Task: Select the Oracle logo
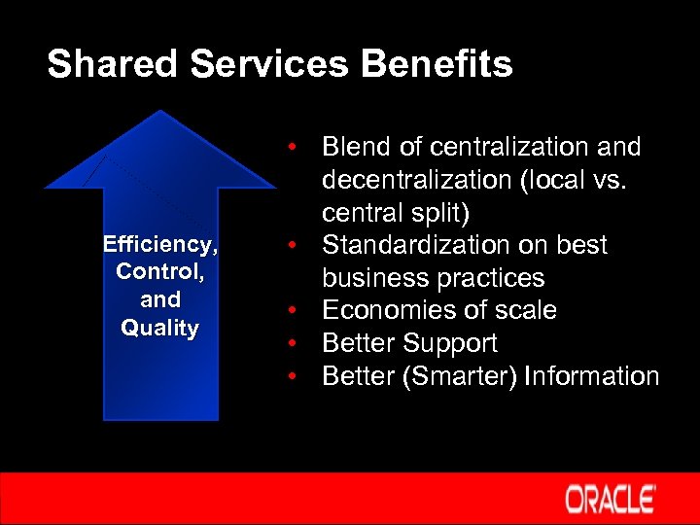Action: pyautogui.click(x=610, y=499)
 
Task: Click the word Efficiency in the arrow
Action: pyautogui.click(x=159, y=244)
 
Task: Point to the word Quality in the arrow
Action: pyautogui.click(x=159, y=328)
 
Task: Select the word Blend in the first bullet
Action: pyautogui.click(x=359, y=147)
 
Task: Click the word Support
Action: pyautogui.click(x=452, y=343)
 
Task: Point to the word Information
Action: pyautogui.click(x=591, y=376)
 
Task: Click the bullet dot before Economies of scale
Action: pyautogui.click(x=291, y=310)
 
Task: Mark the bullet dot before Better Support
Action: pyautogui.click(x=291, y=343)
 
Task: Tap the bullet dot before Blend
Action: pyautogui.click(x=291, y=147)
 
